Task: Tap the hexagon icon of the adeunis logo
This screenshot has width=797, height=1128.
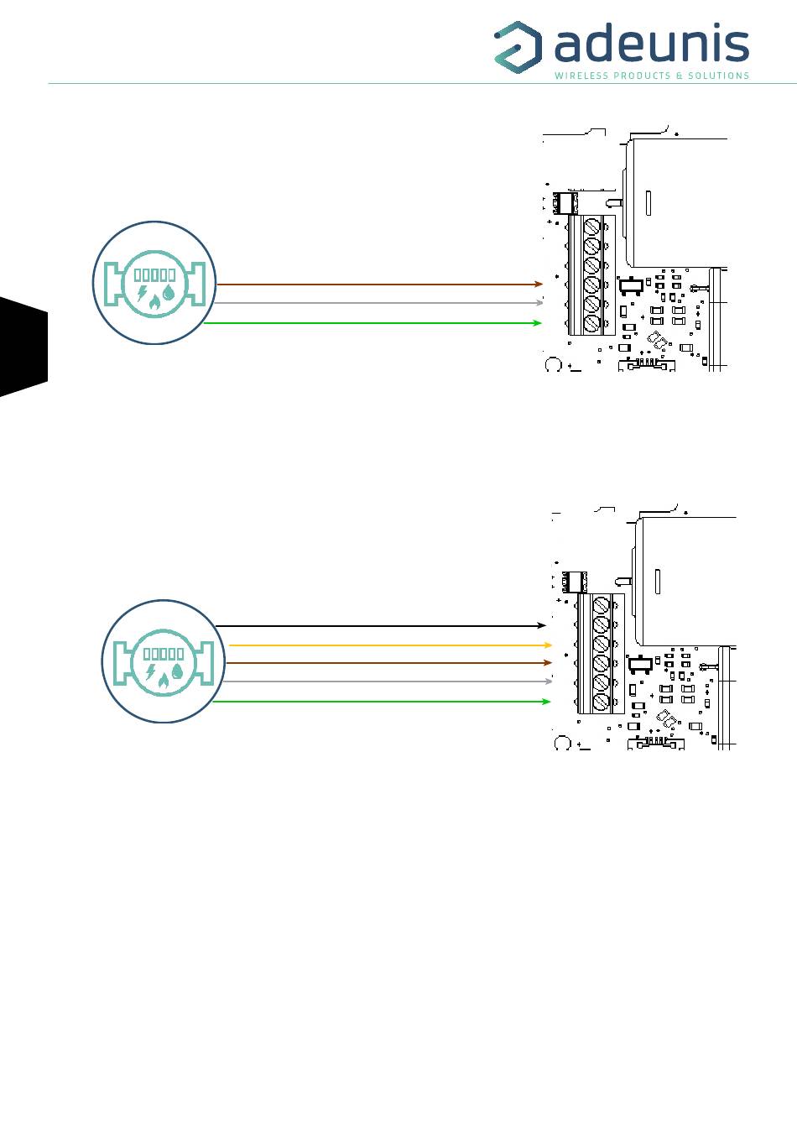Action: [518, 44]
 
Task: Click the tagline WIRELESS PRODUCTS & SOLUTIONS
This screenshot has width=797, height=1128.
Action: [652, 76]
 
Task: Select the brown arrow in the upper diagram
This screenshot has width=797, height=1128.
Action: [379, 285]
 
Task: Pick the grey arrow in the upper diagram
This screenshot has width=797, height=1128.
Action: [378, 303]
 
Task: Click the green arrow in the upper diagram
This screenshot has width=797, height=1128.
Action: [372, 323]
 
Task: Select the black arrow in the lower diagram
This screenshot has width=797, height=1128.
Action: [381, 625]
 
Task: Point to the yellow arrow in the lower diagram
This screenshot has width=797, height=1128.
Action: [390, 645]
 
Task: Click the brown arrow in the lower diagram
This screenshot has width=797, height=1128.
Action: [388, 663]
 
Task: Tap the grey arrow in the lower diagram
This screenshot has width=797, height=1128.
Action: [388, 681]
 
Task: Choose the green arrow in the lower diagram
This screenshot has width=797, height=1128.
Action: [382, 702]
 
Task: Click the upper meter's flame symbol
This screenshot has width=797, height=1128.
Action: [154, 303]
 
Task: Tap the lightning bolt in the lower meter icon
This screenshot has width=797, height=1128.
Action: [150, 671]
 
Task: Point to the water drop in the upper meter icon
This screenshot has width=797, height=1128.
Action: [169, 293]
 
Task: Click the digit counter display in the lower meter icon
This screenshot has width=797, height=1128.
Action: [164, 654]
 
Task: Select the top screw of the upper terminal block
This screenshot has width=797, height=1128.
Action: [591, 226]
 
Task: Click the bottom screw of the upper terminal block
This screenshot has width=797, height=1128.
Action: [591, 322]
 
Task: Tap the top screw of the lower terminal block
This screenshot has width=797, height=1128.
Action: [602, 605]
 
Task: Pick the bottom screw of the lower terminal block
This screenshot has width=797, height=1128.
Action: [602, 701]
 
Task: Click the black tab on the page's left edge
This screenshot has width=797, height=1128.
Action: [23, 347]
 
